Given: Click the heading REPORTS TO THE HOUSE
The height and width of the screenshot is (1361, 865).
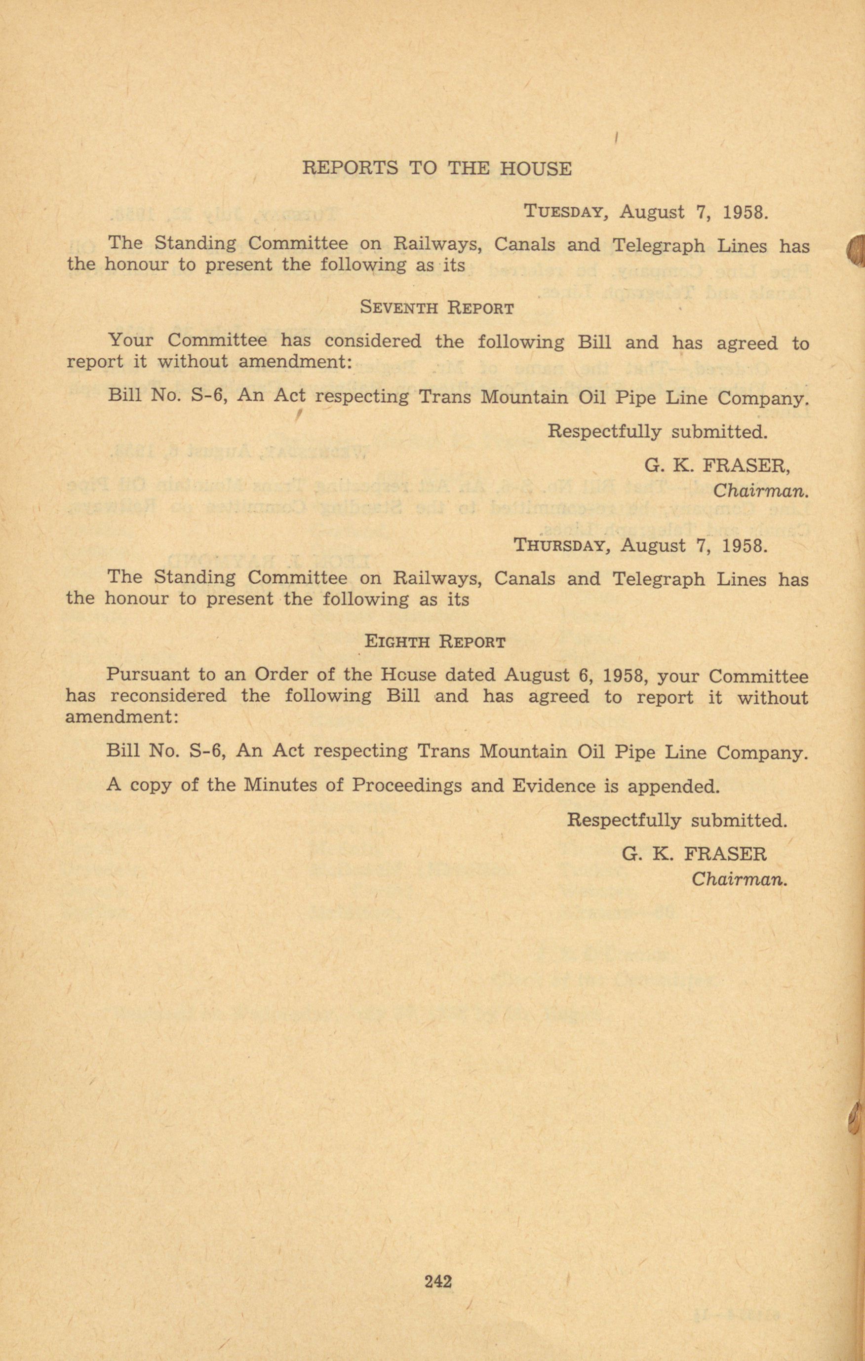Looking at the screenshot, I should point(437,168).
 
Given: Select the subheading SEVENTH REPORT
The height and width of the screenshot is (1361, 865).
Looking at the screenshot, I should point(437,308).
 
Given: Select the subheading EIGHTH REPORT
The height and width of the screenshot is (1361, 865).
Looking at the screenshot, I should point(435,642).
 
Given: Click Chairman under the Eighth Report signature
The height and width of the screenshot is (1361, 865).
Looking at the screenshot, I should point(740,879).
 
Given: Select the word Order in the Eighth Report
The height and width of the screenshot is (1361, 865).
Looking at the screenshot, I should point(278,676).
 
